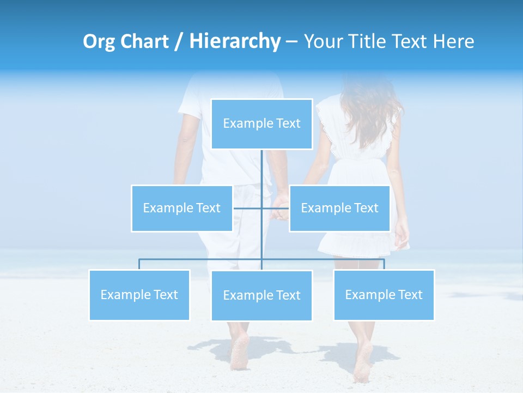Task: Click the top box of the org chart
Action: [261, 124]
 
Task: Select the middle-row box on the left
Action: [181, 208]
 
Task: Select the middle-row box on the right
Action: [339, 208]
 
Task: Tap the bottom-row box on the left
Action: [139, 295]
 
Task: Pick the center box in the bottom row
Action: [261, 295]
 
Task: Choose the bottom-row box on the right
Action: [384, 295]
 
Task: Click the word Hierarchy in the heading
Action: [234, 41]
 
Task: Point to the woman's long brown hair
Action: [368, 109]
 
